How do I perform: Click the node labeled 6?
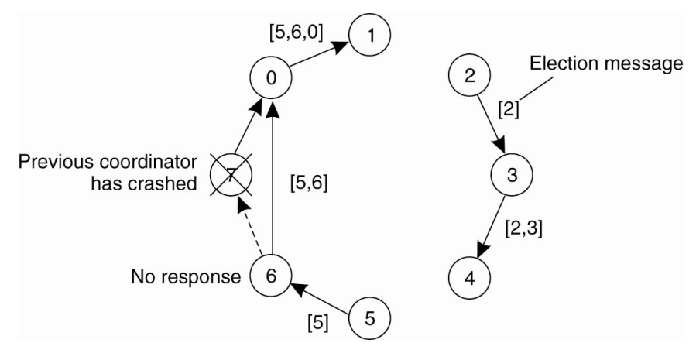[271, 275]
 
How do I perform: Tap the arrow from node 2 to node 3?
[489, 124]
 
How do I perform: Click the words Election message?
[606, 64]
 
